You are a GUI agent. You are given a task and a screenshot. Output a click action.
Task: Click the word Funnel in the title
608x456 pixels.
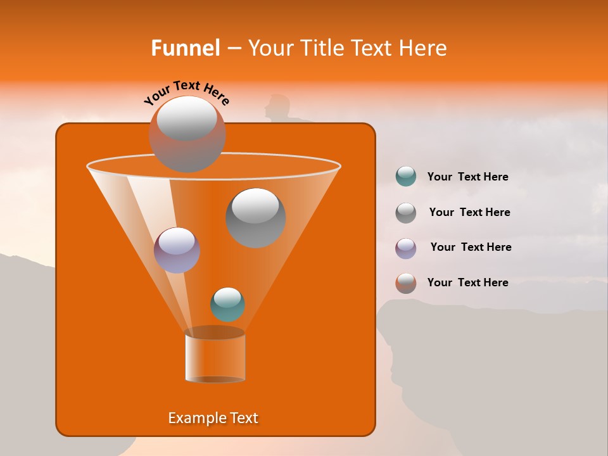[186, 48]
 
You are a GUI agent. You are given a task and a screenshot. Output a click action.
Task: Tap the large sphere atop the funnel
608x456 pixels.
[187, 134]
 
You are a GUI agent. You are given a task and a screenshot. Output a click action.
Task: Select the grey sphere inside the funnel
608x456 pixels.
[256, 217]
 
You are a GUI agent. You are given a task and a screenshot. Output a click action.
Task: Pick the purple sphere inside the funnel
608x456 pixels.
[177, 250]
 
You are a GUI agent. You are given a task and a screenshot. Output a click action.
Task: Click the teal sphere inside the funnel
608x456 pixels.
[228, 304]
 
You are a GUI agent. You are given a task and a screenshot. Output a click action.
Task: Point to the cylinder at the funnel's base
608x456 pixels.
[215, 356]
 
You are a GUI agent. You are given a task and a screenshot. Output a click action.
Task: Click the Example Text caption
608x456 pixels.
[213, 418]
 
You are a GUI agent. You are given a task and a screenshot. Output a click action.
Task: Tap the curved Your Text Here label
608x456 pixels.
[186, 92]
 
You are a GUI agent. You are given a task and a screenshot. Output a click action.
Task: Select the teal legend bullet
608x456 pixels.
[406, 177]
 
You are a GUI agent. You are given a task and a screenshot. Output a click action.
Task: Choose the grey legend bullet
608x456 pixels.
[406, 212]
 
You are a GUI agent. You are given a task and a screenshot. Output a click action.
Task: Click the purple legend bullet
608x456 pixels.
[406, 248]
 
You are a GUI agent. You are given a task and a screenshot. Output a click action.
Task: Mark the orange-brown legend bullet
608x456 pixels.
[406, 283]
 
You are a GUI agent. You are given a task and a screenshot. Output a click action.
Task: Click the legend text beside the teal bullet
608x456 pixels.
[468, 177]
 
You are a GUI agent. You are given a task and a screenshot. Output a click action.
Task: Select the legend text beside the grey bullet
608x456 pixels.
[469, 212]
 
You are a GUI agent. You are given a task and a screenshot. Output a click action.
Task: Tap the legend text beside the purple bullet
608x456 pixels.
[471, 247]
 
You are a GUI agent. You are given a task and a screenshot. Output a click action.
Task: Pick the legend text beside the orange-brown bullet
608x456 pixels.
[468, 282]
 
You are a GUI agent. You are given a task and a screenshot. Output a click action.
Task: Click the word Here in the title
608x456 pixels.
[424, 48]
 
